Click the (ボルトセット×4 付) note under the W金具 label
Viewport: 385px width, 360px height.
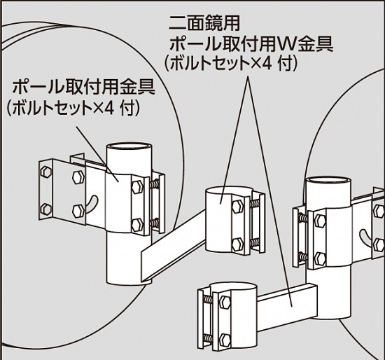point(232,64)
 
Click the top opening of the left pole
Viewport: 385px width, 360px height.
point(129,149)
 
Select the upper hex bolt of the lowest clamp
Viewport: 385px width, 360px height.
point(225,303)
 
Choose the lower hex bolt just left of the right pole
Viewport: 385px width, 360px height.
point(320,256)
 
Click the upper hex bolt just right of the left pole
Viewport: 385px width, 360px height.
point(136,186)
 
